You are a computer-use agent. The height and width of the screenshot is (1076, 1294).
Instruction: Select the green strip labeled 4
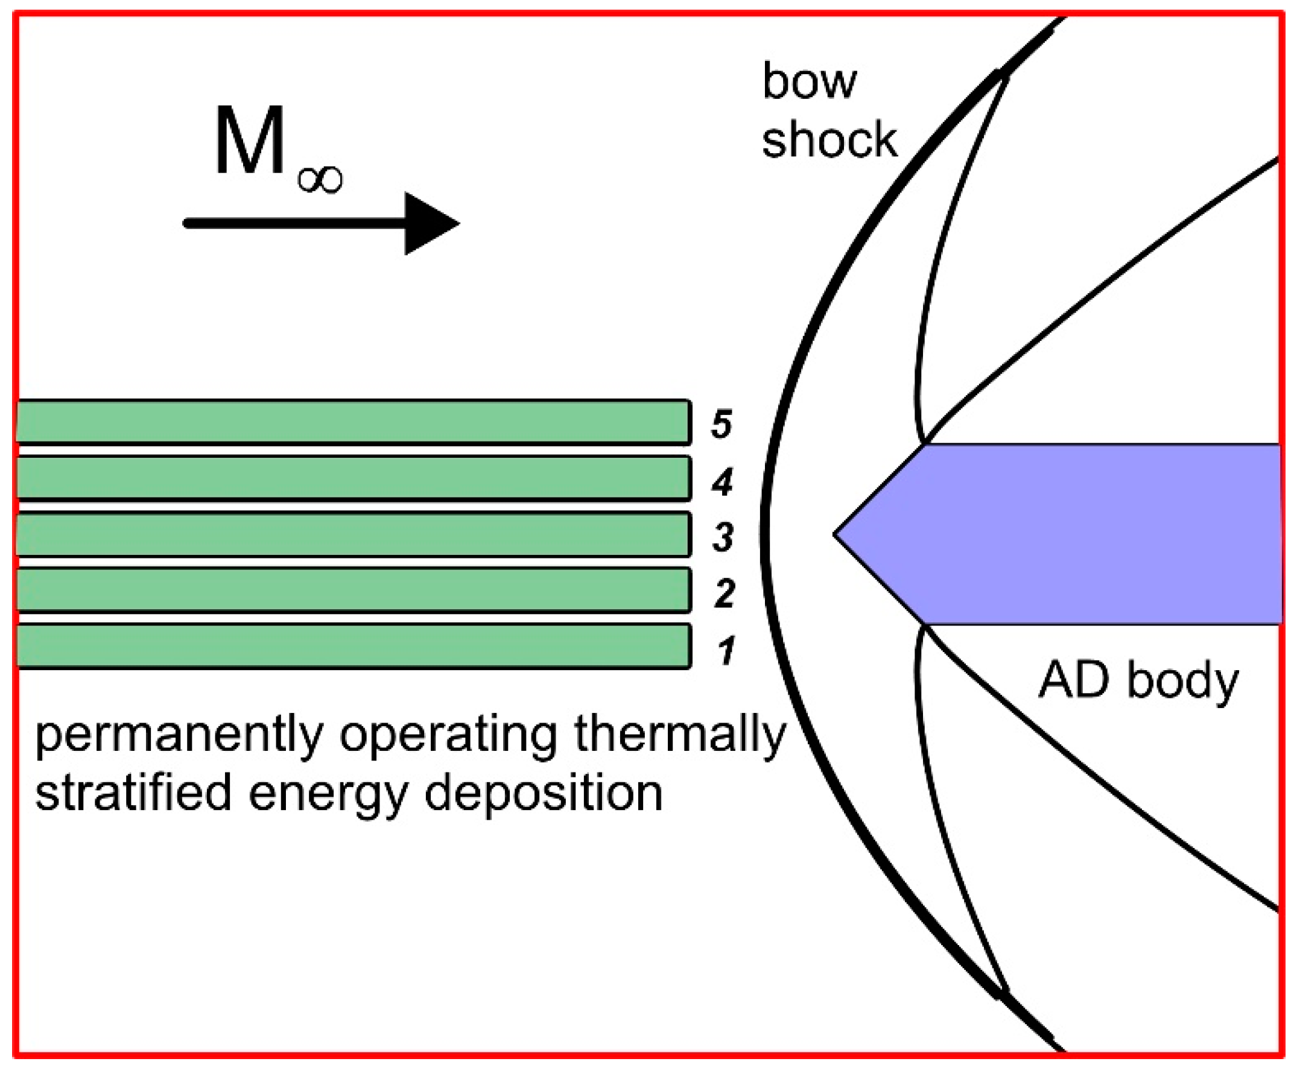(351, 477)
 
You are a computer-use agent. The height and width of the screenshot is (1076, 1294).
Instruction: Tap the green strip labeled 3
(351, 534)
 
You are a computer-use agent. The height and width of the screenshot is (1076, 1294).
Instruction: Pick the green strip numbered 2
(351, 590)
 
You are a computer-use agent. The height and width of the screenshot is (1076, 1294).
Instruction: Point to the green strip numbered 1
(351, 646)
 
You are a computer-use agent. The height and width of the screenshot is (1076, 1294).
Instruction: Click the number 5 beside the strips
(722, 425)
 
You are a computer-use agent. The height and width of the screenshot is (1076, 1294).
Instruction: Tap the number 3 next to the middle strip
(723, 537)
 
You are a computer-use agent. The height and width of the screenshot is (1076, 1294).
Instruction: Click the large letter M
(249, 142)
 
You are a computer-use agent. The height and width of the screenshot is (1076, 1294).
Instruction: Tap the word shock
(829, 141)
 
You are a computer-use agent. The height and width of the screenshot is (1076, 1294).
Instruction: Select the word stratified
(133, 793)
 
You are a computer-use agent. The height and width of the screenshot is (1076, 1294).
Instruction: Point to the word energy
(328, 796)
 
